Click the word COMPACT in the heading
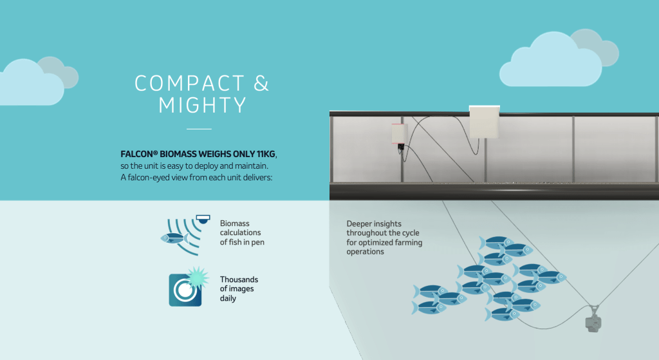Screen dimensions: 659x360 (x=190, y=83)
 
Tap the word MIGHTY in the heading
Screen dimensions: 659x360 (x=202, y=105)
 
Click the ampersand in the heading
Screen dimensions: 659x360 (x=261, y=83)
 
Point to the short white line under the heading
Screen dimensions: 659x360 (x=199, y=129)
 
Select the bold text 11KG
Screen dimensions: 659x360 (x=266, y=154)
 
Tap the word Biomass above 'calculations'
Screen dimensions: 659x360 (x=234, y=223)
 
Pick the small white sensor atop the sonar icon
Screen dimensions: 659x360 (x=203, y=219)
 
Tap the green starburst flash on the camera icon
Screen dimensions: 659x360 (x=198, y=277)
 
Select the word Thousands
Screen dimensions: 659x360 (x=239, y=279)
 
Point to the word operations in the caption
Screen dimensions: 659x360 (x=366, y=252)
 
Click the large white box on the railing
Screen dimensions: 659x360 (x=484, y=122)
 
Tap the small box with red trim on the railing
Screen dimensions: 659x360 (x=399, y=134)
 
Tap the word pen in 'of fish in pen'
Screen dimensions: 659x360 (x=257, y=243)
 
